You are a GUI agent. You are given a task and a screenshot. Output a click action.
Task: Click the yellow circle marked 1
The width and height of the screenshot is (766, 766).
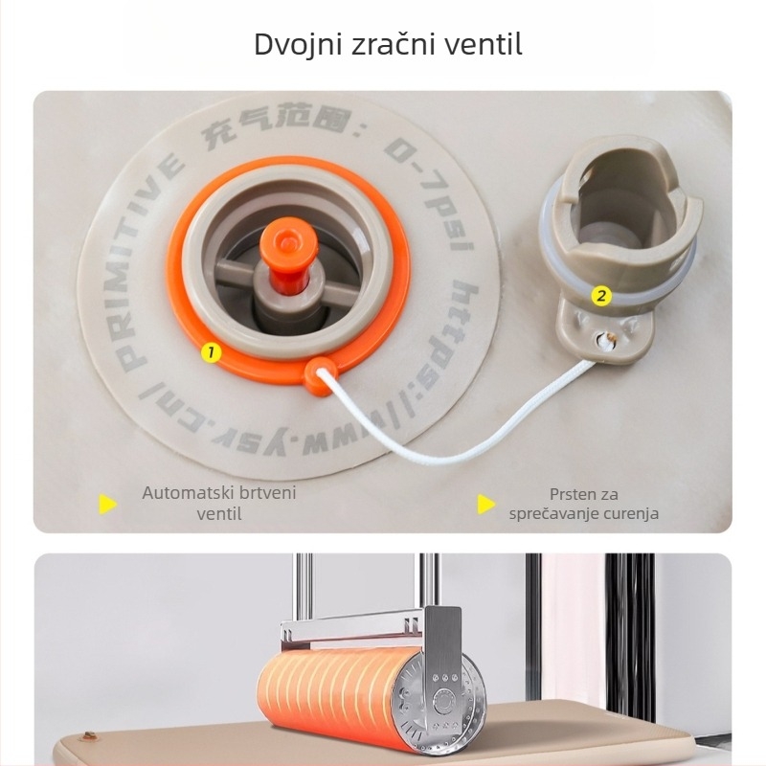click(x=211, y=352)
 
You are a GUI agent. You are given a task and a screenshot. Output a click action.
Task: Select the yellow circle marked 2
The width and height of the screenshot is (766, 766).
click(x=601, y=296)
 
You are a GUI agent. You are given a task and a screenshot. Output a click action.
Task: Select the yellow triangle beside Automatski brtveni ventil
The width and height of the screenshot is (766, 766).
click(x=107, y=505)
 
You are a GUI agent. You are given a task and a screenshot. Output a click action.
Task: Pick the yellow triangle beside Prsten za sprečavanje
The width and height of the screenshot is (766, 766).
click(x=486, y=505)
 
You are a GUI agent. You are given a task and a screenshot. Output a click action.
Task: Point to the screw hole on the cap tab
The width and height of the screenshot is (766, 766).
click(x=605, y=340)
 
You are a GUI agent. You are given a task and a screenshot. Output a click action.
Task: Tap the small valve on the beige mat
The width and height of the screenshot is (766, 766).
click(x=88, y=734)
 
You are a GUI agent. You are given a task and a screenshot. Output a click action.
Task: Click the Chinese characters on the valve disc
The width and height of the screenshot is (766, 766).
click(x=276, y=125)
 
